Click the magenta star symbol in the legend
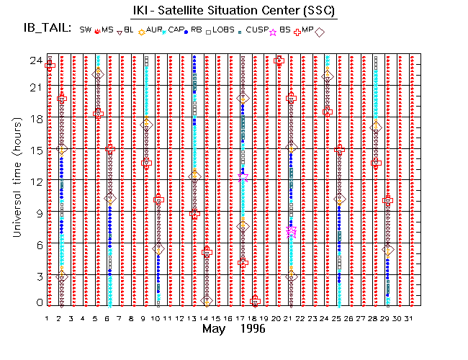click(273, 32)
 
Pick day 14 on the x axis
click(205, 318)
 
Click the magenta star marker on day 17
click(243, 176)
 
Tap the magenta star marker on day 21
click(291, 231)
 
